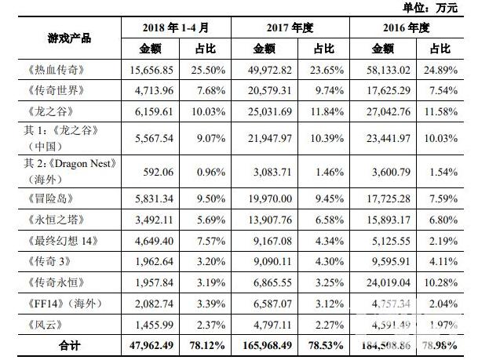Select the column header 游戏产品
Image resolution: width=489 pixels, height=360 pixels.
click(x=64, y=38)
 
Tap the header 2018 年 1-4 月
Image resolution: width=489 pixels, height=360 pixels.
click(x=177, y=27)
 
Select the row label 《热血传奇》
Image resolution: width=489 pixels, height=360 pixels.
click(x=55, y=70)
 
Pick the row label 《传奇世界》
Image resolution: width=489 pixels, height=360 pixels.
click(x=55, y=90)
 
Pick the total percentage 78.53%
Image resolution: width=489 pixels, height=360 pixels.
click(x=323, y=344)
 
